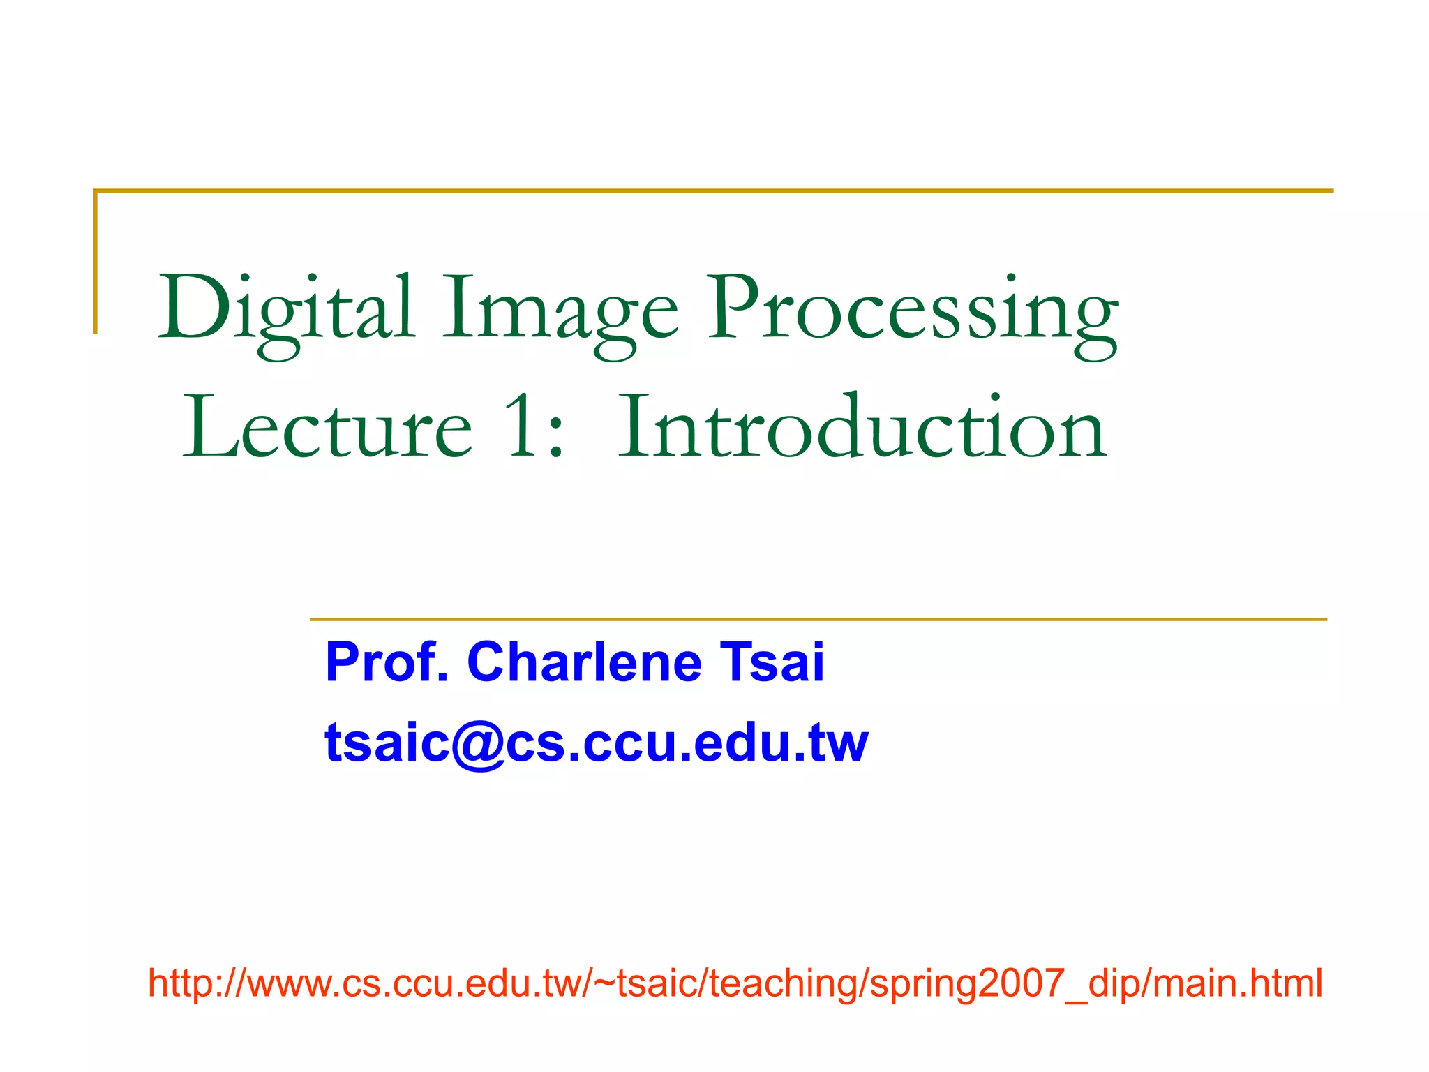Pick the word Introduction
[x=862, y=427]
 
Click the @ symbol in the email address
[x=478, y=744]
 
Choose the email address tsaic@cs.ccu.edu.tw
[x=597, y=743]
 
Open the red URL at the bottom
[x=735, y=983]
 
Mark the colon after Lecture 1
[x=556, y=435]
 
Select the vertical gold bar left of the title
[x=96, y=262]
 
